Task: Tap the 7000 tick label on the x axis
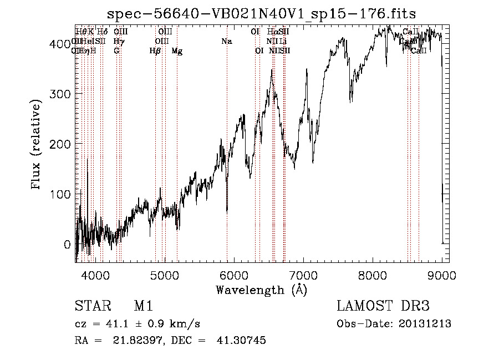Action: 303,275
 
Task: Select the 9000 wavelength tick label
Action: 442,275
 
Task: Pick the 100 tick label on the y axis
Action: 62,194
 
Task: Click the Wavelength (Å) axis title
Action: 261,290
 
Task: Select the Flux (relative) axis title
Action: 37,145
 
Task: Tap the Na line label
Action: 226,41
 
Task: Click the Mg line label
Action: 177,51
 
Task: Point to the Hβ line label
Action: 155,51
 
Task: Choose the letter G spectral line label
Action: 116,50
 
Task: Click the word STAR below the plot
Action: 91,307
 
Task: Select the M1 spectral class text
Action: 143,307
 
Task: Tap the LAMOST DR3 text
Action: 383,306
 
